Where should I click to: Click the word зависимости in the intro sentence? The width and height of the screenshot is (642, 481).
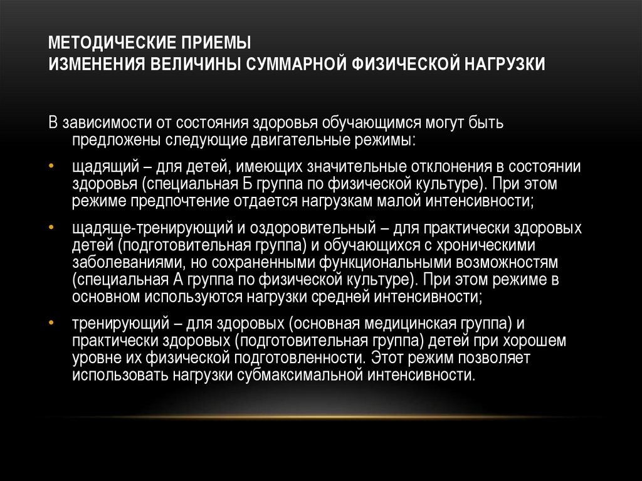click(102, 121)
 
